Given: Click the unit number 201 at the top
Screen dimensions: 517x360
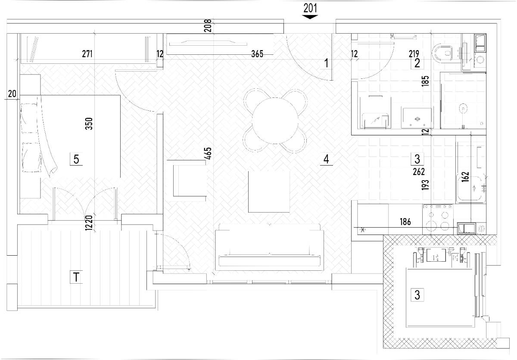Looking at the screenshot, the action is (310, 8).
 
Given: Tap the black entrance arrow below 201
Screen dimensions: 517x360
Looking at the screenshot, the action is (310, 17).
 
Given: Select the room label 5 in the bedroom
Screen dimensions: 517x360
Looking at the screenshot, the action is (76, 160).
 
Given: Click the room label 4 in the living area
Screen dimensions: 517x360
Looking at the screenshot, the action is (326, 159).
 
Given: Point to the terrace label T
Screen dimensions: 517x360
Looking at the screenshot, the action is (76, 277).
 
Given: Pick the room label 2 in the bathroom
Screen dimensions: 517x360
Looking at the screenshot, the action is (417, 63).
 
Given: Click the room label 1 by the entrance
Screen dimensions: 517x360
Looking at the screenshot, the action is (326, 63).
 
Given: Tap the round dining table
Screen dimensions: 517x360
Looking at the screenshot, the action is (275, 121).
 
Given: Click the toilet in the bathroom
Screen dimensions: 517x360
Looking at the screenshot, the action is (442, 53).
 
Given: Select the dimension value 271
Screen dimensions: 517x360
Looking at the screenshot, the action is (87, 54).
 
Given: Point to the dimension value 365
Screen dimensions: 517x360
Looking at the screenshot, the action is (257, 54).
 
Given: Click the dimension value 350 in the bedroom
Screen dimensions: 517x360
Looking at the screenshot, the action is (89, 124).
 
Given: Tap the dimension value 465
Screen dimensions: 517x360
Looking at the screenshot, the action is (208, 153).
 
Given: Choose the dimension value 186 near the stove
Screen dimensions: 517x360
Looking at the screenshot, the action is (405, 222).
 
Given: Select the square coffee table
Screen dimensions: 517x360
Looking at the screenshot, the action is (269, 191).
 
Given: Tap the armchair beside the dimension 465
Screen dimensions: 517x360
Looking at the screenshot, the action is (189, 181).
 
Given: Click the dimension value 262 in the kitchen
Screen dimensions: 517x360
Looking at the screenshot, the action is (419, 172).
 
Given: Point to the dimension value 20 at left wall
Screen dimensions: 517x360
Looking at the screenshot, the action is (12, 94).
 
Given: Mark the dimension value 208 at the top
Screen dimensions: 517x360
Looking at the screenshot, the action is (208, 25).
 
